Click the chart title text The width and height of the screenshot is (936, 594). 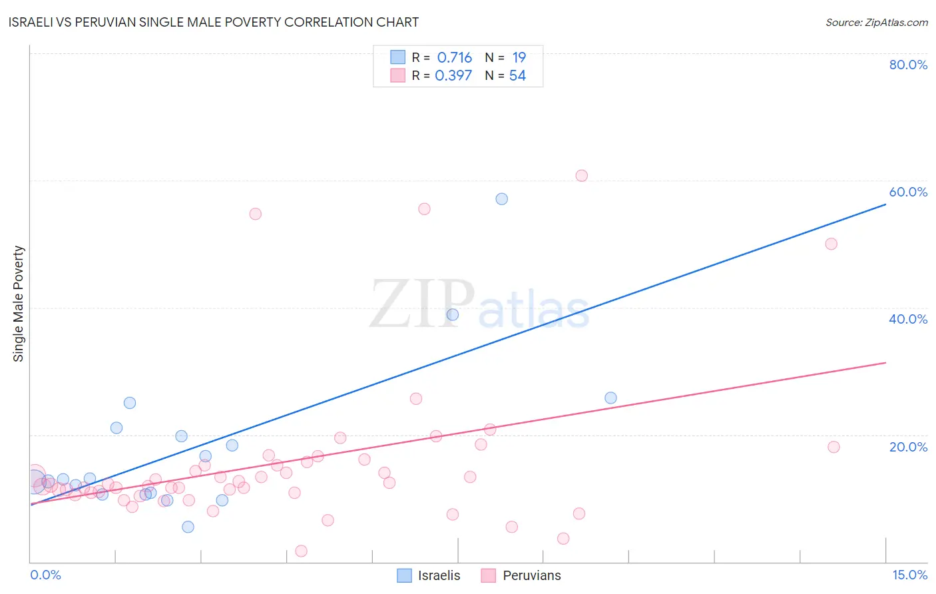pyautogui.click(x=214, y=22)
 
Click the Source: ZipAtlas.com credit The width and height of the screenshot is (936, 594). pyautogui.click(x=876, y=22)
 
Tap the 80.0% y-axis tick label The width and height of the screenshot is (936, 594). pyautogui.click(x=908, y=65)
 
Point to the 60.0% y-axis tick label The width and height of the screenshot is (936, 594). pyautogui.click(x=908, y=192)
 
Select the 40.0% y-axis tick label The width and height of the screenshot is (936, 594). pyautogui.click(x=908, y=319)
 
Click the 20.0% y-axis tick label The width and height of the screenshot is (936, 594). pyautogui.click(x=908, y=447)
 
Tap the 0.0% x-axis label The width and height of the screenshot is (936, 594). pyautogui.click(x=45, y=575)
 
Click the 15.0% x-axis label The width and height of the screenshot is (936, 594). pyautogui.click(x=909, y=575)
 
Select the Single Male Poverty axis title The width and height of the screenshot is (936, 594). pyautogui.click(x=19, y=304)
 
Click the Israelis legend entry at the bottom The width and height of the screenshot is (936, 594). pyautogui.click(x=429, y=575)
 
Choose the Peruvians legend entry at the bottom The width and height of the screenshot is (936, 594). pyautogui.click(x=521, y=575)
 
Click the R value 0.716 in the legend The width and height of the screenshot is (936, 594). pyautogui.click(x=454, y=58)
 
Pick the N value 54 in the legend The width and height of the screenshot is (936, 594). pyautogui.click(x=517, y=76)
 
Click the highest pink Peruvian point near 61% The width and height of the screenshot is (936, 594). pyautogui.click(x=581, y=176)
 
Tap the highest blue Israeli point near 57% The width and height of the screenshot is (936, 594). pyautogui.click(x=502, y=199)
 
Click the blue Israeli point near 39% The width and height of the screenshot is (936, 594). pyautogui.click(x=453, y=314)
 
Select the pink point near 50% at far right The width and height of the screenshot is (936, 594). pyautogui.click(x=831, y=244)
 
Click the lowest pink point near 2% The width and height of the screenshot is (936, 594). pyautogui.click(x=301, y=551)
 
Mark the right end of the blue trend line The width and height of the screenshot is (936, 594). pyautogui.click(x=885, y=204)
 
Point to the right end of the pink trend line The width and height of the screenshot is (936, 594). pyautogui.click(x=885, y=363)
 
